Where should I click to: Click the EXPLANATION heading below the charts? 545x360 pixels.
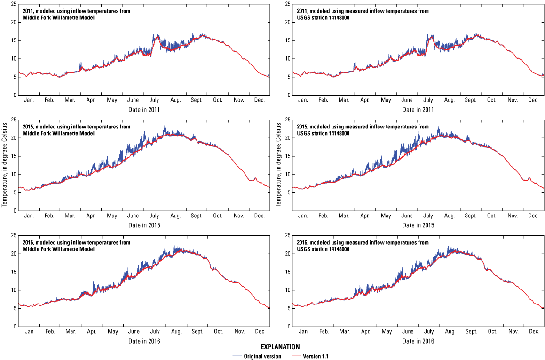272,347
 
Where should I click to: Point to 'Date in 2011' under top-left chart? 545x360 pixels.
144,110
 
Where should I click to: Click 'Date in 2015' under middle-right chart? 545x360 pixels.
418,225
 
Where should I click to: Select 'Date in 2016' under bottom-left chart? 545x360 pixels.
144,341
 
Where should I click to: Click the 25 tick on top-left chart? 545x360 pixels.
14,4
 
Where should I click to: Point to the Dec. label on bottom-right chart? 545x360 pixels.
533,332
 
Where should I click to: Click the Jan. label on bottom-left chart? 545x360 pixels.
29,332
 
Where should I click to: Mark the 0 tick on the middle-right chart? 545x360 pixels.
289,211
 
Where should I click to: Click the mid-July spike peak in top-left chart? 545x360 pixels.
154,35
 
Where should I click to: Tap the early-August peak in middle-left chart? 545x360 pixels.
165,127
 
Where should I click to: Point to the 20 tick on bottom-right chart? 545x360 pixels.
287,254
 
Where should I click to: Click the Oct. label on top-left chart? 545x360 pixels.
217,100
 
